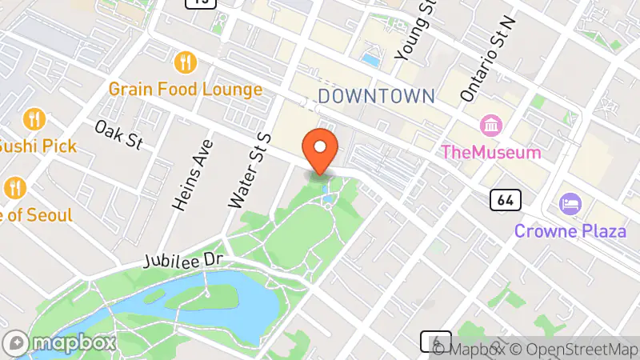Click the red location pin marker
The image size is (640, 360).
[321, 150]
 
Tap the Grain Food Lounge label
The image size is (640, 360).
[186, 89]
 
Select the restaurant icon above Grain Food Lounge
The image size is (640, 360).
[186, 62]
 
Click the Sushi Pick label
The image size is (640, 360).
[38, 146]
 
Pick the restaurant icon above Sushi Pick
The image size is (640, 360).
[34, 120]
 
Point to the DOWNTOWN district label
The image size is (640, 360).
[376, 97]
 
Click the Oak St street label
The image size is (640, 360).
[118, 134]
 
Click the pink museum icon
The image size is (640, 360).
[490, 126]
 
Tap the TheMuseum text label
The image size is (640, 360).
[491, 151]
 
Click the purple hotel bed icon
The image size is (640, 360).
[570, 204]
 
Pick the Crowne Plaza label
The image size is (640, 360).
[570, 231]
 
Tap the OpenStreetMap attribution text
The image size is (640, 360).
[575, 349]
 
